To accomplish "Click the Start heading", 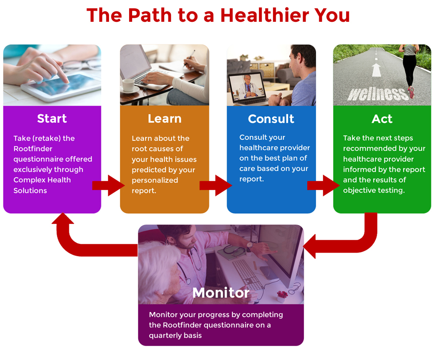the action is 52,119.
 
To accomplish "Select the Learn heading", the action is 165,119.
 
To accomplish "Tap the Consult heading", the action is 271,119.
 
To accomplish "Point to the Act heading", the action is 382,119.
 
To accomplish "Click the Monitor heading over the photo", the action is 221,293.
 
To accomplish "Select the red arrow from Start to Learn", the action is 109,185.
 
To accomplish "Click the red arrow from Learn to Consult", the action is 216,185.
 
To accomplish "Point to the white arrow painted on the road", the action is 376,70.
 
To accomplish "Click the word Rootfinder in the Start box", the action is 33,149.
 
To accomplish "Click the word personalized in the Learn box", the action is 155,180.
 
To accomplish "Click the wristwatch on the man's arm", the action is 249,245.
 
